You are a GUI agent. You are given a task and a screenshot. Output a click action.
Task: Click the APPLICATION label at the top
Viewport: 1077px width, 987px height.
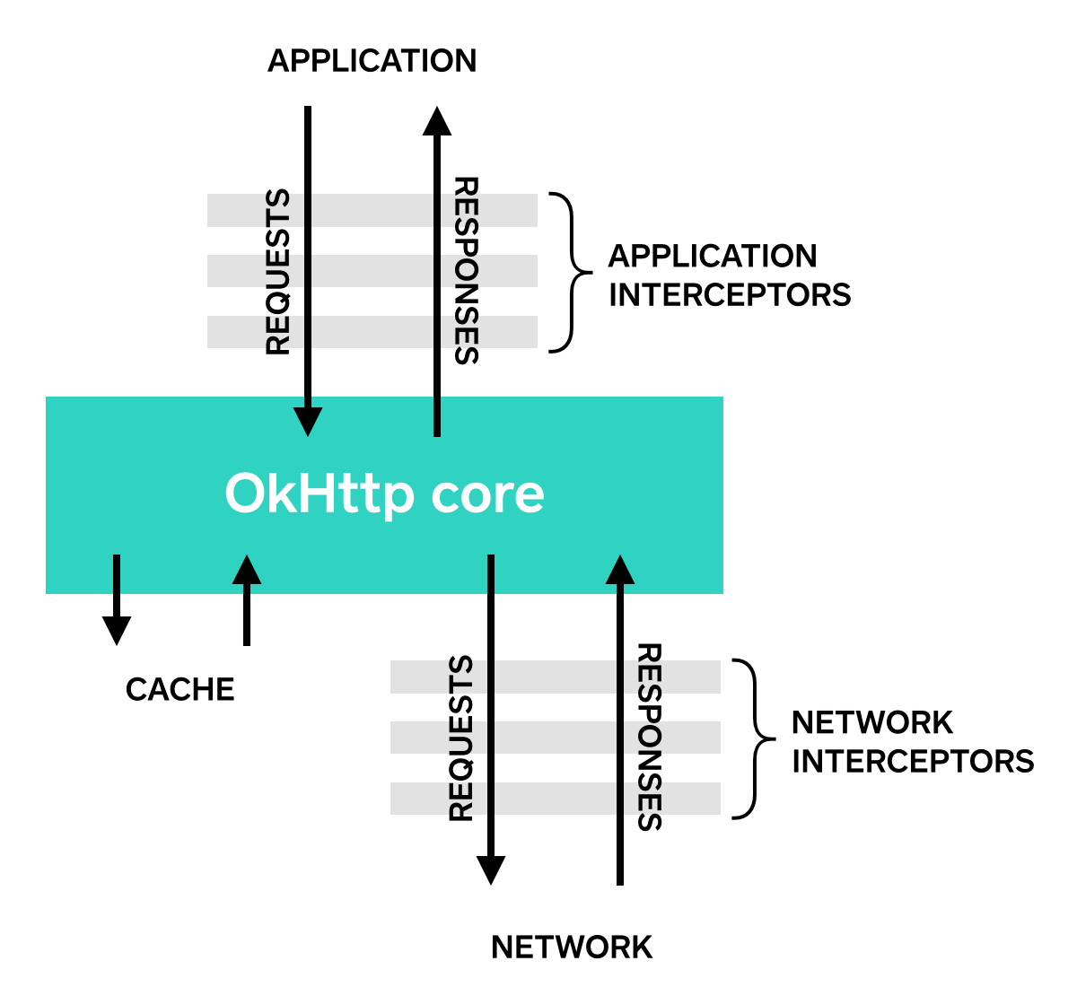pyautogui.click(x=372, y=61)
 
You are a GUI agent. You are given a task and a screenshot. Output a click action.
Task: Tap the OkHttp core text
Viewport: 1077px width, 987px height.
pyautogui.click(x=384, y=493)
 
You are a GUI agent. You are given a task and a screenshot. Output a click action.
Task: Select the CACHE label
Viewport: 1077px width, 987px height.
pyautogui.click(x=179, y=689)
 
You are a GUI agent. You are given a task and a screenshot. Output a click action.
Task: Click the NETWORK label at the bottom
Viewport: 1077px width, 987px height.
pyautogui.click(x=572, y=948)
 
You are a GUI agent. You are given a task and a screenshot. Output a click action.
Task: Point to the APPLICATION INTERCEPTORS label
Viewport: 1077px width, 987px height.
pyautogui.click(x=729, y=275)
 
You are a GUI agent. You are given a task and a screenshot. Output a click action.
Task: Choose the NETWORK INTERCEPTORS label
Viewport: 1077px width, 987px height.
pyautogui.click(x=912, y=742)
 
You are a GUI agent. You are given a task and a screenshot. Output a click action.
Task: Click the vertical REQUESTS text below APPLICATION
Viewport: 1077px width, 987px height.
pyautogui.click(x=278, y=272)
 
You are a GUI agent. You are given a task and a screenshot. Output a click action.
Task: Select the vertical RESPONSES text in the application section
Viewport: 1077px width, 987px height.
pyautogui.click(x=466, y=270)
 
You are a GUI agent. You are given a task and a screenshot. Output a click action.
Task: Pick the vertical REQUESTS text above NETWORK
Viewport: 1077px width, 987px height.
pyautogui.click(x=460, y=738)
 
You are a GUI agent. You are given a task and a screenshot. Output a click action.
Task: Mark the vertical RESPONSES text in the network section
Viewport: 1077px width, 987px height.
pyautogui.click(x=649, y=737)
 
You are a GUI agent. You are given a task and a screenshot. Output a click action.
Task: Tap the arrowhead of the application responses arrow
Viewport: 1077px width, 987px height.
pyautogui.click(x=437, y=121)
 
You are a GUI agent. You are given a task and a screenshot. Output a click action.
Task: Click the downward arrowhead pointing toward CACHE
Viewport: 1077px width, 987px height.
pyautogui.click(x=117, y=630)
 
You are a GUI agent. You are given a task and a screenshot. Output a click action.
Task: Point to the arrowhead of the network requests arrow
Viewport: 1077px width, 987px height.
pyautogui.click(x=491, y=869)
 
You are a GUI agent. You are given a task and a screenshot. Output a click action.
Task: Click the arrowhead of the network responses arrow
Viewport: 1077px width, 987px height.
pyautogui.click(x=620, y=570)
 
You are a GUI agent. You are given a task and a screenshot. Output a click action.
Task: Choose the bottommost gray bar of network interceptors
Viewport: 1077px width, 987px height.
pyautogui.click(x=556, y=799)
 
